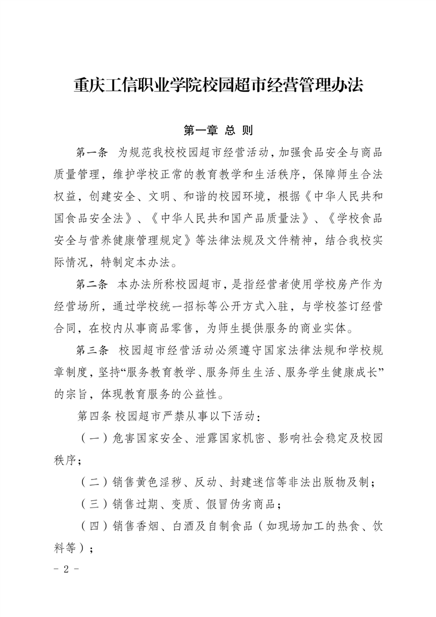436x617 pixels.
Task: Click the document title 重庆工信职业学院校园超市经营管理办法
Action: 218,86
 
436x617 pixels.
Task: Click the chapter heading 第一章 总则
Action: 218,131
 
